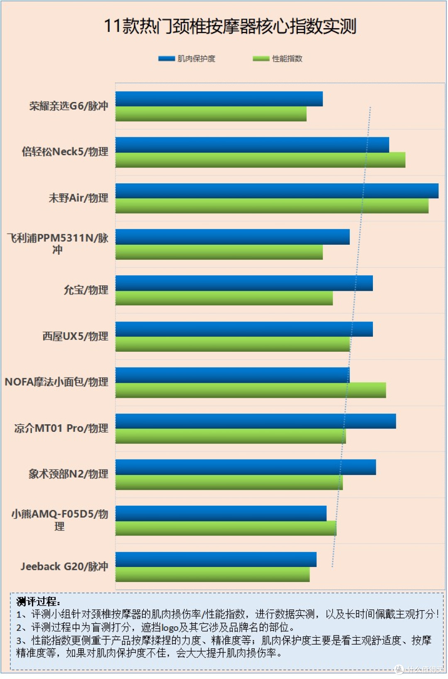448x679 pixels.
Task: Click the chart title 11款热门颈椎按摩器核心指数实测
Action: click(230, 26)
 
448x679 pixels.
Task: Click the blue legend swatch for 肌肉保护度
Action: click(166, 58)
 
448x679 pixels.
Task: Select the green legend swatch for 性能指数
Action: click(261, 58)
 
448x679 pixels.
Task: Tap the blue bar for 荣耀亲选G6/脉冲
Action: click(219, 99)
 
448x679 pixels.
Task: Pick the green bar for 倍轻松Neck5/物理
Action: click(261, 160)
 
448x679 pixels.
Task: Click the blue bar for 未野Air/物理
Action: click(277, 191)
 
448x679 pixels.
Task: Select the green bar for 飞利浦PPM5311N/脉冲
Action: click(219, 252)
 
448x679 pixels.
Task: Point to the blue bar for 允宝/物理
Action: click(244, 283)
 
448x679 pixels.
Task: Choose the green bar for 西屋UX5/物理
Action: click(233, 344)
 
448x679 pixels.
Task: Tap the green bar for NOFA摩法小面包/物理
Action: click(251, 390)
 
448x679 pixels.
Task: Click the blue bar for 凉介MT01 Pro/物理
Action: click(256, 421)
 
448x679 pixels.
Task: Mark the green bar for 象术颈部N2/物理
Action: click(229, 482)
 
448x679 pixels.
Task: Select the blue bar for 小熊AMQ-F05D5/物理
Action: click(221, 513)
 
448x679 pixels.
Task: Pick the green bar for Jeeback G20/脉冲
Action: click(212, 574)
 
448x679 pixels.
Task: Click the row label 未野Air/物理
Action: click(78, 198)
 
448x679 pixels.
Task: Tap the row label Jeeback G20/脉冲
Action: click(64, 566)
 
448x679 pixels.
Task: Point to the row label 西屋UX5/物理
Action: click(75, 336)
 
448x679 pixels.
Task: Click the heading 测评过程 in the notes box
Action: click(38, 601)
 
